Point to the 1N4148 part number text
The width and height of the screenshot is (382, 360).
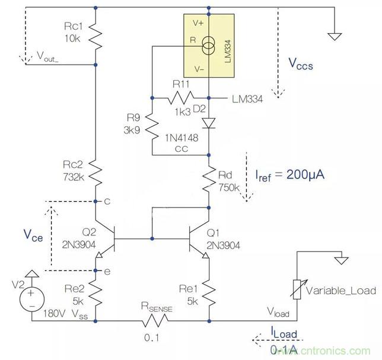pyautogui.click(x=182, y=138)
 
